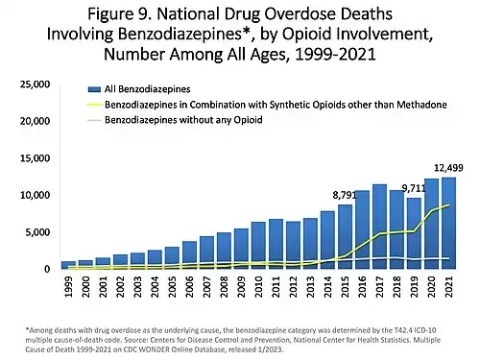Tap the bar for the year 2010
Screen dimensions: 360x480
coord(258,246)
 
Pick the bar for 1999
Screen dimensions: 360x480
coord(68,264)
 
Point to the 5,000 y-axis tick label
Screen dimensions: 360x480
coord(37,232)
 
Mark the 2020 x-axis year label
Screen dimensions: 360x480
coord(431,286)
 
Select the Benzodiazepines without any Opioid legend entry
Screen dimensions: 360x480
coord(173,121)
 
